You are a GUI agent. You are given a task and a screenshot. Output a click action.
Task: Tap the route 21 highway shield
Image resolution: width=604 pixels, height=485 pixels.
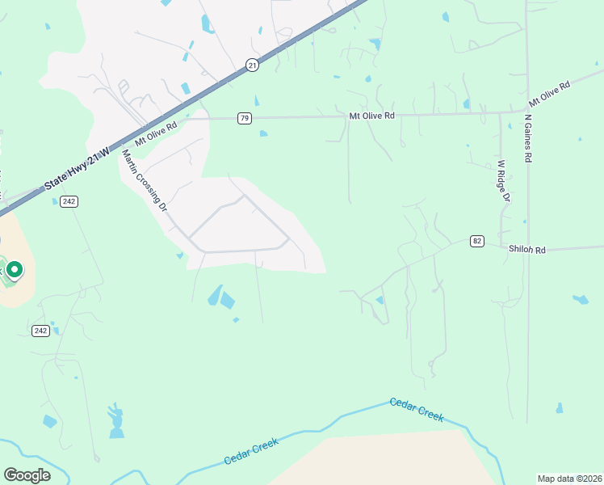[x=253, y=65]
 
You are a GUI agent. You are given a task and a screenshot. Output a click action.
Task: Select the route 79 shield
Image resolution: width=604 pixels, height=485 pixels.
[x=245, y=118]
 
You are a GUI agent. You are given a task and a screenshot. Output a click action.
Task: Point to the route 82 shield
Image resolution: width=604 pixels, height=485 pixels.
[x=478, y=241]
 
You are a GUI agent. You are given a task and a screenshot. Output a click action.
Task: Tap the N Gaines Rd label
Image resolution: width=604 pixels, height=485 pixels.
[x=527, y=138]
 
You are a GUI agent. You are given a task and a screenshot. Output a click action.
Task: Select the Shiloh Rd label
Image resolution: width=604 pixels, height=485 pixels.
[x=526, y=250]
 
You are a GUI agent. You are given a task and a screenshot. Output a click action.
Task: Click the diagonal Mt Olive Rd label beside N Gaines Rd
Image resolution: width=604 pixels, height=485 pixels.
[x=550, y=94]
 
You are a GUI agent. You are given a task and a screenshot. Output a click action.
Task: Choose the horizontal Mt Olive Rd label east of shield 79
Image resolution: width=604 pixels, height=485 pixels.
[x=371, y=116]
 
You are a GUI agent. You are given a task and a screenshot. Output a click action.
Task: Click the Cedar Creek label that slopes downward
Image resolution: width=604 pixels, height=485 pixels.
[x=417, y=409]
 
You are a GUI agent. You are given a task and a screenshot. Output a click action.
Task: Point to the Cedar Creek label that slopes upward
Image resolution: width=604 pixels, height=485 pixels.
[x=251, y=451]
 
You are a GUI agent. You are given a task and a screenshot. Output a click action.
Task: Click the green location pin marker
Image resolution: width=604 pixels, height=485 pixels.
[x=14, y=269]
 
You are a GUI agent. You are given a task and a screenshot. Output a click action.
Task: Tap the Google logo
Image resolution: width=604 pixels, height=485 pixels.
[x=27, y=474]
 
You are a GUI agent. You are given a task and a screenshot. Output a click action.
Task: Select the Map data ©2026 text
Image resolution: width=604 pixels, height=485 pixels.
[x=568, y=479]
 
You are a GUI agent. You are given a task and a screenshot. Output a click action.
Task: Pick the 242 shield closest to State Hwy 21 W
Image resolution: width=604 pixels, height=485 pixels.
[x=69, y=201]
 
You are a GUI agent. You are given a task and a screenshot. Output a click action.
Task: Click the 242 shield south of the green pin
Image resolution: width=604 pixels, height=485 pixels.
[x=41, y=331]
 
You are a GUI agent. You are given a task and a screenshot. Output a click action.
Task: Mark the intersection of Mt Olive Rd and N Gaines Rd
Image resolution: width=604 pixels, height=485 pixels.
[x=526, y=112]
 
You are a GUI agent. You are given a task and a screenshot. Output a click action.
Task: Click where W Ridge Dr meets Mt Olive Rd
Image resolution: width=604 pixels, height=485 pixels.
[x=501, y=112]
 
